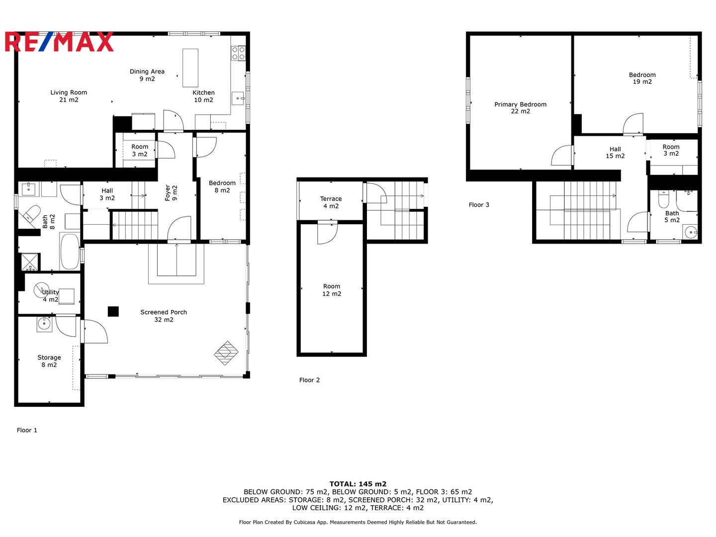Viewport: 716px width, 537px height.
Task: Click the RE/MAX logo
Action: pyautogui.click(x=59, y=41)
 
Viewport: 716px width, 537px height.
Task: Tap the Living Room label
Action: pyautogui.click(x=69, y=96)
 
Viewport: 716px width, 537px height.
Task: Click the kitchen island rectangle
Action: pyautogui.click(x=190, y=68)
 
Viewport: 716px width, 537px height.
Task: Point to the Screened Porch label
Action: pyautogui.click(x=164, y=316)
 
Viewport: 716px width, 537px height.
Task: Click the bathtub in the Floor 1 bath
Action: pyautogui.click(x=70, y=252)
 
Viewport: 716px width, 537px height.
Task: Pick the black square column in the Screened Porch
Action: pyautogui.click(x=113, y=311)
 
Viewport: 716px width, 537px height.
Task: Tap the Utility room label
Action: pyautogui.click(x=50, y=296)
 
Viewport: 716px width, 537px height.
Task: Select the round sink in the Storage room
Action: pyautogui.click(x=44, y=324)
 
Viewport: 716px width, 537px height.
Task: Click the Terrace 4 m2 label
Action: pyautogui.click(x=331, y=202)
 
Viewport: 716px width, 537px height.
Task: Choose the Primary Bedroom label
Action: pyautogui.click(x=520, y=107)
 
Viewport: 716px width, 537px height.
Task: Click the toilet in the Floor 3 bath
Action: pyautogui.click(x=663, y=199)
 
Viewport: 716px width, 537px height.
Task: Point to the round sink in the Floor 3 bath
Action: pyautogui.click(x=691, y=233)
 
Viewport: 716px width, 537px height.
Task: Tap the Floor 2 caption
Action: pyautogui.click(x=309, y=380)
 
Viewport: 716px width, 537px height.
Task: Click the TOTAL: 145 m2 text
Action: pyautogui.click(x=358, y=484)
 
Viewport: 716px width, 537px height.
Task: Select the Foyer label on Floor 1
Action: pyautogui.click(x=171, y=193)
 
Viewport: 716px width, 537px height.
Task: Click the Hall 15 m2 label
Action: pyautogui.click(x=615, y=152)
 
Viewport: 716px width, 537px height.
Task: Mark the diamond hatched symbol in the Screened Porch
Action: pyautogui.click(x=226, y=353)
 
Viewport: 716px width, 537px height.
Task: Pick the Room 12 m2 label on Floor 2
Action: pyautogui.click(x=332, y=290)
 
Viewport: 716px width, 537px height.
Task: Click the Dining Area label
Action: pyautogui.click(x=147, y=75)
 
